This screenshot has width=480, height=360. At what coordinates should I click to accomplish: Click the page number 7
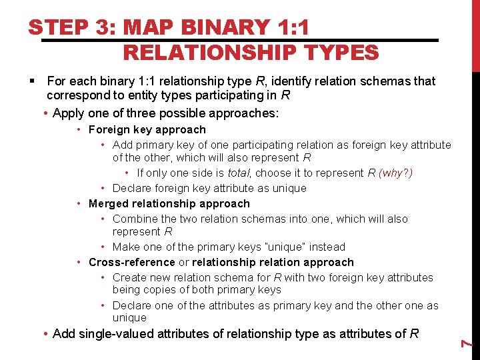(x=468, y=343)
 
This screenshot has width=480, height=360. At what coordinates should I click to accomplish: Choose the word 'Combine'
(x=134, y=219)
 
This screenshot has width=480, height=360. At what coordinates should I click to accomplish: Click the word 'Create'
(x=130, y=277)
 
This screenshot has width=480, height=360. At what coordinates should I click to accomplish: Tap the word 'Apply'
(x=69, y=113)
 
